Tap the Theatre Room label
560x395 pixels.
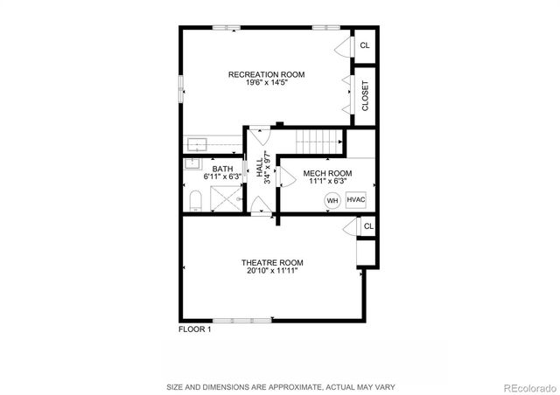click(x=272, y=262)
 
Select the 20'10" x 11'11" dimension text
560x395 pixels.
click(x=272, y=271)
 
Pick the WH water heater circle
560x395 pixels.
click(x=332, y=200)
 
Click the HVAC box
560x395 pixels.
click(x=355, y=199)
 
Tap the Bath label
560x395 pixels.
click(x=222, y=169)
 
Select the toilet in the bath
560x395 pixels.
click(x=195, y=203)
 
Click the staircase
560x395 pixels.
click(x=316, y=139)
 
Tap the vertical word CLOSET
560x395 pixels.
click(x=366, y=95)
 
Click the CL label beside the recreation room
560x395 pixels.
click(x=365, y=45)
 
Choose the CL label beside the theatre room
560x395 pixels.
click(x=368, y=226)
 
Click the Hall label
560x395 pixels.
click(x=260, y=168)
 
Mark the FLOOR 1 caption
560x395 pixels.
click(x=194, y=329)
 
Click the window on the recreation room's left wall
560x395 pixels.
click(x=181, y=88)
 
